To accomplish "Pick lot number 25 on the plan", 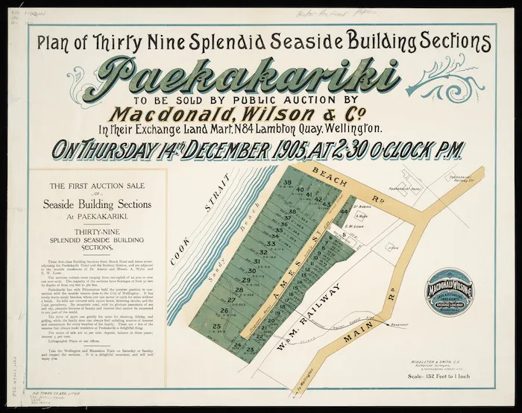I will (x=217, y=326).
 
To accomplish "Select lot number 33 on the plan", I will (x=272, y=244).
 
